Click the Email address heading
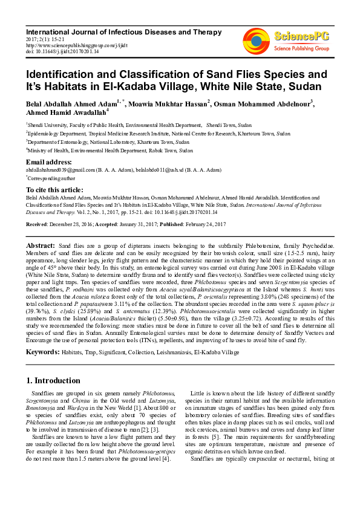coord(48,163)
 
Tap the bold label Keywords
coord(42,351)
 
